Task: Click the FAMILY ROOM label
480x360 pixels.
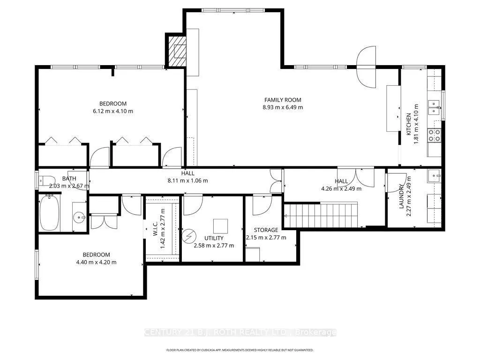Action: pyautogui.click(x=283, y=100)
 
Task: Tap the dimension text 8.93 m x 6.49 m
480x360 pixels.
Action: pyautogui.click(x=283, y=107)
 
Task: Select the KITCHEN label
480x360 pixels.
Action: pyautogui.click(x=408, y=124)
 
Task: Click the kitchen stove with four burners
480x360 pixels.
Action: pyautogui.click(x=434, y=135)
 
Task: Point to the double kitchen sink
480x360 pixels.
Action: pyautogui.click(x=434, y=107)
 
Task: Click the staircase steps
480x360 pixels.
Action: pyautogui.click(x=321, y=216)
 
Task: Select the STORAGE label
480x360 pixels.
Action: pyautogui.click(x=266, y=230)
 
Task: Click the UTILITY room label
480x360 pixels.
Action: pyautogui.click(x=214, y=238)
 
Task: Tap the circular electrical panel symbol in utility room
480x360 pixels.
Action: pyautogui.click(x=187, y=236)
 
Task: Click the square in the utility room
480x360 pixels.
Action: pyautogui.click(x=221, y=226)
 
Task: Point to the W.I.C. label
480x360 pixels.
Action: pyautogui.click(x=155, y=229)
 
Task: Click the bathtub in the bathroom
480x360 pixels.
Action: pyautogui.click(x=50, y=213)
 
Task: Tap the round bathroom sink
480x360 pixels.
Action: pyautogui.click(x=80, y=217)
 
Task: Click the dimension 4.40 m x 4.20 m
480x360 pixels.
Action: pyautogui.click(x=97, y=262)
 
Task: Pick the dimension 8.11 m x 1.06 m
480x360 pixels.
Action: pyautogui.click(x=187, y=180)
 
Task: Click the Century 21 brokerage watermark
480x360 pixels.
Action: pyautogui.click(x=240, y=332)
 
